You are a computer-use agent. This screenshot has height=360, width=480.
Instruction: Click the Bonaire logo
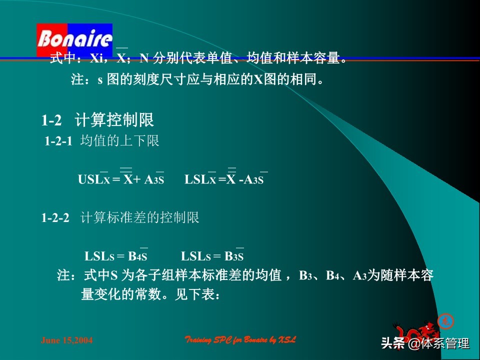(x=74, y=39)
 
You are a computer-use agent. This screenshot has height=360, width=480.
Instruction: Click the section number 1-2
(x=51, y=120)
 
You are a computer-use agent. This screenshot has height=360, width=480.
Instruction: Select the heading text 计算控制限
(x=114, y=120)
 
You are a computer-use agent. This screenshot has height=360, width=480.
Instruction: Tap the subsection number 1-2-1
(x=59, y=141)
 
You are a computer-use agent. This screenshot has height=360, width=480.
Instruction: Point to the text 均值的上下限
(x=119, y=141)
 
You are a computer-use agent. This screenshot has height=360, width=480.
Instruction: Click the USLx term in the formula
(x=93, y=179)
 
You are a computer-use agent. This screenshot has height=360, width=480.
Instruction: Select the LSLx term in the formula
(x=200, y=179)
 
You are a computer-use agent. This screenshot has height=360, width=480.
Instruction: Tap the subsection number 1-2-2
(x=55, y=218)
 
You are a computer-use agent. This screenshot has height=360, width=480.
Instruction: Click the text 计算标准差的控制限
(x=140, y=218)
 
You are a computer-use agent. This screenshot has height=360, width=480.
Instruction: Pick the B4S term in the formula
(x=137, y=257)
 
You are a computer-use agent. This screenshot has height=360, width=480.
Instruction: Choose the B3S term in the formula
(x=233, y=257)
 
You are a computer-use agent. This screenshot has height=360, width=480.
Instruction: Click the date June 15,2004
(x=66, y=340)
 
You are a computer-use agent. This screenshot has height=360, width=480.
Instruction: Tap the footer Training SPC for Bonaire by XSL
(x=240, y=340)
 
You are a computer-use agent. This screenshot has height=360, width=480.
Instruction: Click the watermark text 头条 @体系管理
(x=425, y=343)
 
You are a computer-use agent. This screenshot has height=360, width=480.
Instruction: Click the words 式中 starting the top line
(x=62, y=58)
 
